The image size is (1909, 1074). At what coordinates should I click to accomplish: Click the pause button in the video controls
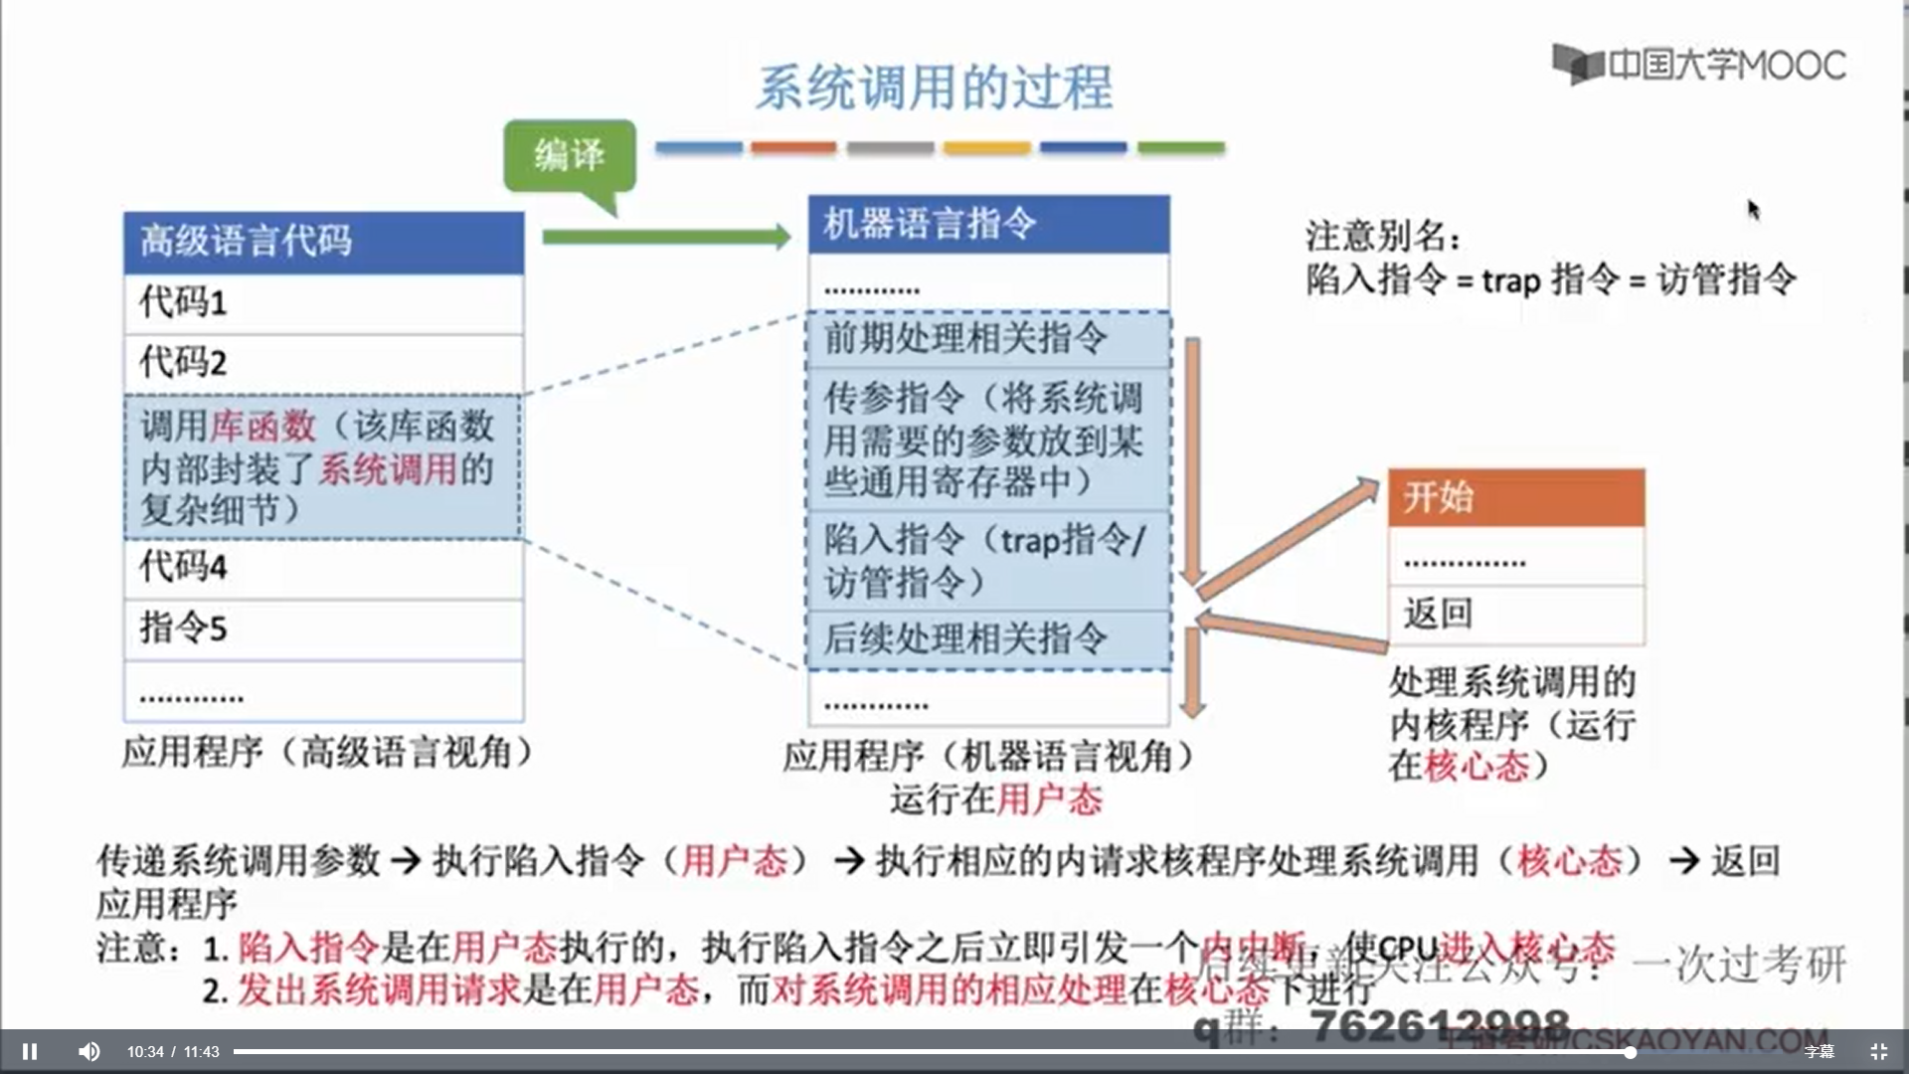(x=30, y=1051)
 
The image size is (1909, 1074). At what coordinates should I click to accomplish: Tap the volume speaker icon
(x=88, y=1051)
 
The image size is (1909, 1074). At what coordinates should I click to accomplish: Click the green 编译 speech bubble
(x=570, y=155)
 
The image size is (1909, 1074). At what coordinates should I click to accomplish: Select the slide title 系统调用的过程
(x=934, y=88)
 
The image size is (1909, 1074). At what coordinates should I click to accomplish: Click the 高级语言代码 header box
(x=323, y=242)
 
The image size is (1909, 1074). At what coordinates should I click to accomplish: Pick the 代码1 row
(x=323, y=302)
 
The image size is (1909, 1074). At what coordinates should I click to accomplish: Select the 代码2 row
(x=323, y=363)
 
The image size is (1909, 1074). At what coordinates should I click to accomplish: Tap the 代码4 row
(x=323, y=568)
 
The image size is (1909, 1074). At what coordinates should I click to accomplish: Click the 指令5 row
(x=323, y=628)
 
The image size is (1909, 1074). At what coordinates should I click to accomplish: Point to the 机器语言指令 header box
(x=988, y=224)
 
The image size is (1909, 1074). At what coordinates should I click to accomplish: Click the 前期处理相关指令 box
(x=988, y=339)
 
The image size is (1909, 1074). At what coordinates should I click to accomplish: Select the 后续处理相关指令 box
(x=988, y=639)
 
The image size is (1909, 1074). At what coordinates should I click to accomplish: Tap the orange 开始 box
(x=1515, y=497)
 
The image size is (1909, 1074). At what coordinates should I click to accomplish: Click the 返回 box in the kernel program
(x=1515, y=615)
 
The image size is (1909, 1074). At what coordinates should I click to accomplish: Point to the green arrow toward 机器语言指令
(x=666, y=237)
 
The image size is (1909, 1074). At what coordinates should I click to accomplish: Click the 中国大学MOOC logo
(x=1699, y=66)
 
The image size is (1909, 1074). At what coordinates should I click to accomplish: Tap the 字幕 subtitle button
(x=1819, y=1051)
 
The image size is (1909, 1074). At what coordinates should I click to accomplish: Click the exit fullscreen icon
(x=1878, y=1051)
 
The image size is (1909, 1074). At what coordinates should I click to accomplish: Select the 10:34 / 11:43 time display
(x=173, y=1051)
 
